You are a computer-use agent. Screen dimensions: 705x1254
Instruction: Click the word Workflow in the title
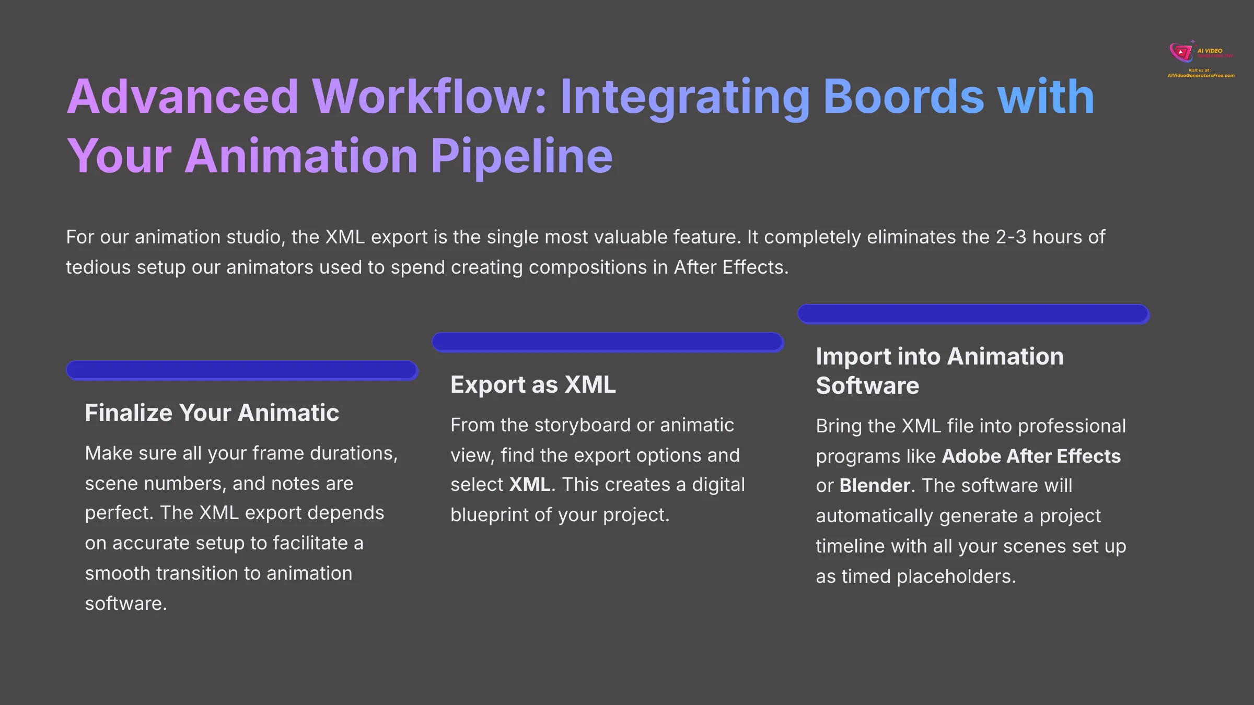[428, 97]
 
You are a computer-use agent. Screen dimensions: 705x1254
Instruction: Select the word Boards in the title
[903, 97]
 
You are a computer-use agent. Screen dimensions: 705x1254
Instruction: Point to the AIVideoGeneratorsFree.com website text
[1201, 76]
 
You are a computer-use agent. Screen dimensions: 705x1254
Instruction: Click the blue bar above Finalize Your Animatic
[242, 370]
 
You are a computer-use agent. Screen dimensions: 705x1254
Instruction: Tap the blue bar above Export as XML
[608, 342]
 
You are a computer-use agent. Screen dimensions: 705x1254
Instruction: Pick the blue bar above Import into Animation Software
[973, 314]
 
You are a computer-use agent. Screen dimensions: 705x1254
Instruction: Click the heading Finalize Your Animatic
[212, 413]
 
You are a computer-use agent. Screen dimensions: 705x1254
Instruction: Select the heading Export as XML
[533, 384]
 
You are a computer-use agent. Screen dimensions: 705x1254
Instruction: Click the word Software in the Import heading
[867, 386]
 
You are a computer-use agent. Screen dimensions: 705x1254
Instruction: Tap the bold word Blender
[875, 486]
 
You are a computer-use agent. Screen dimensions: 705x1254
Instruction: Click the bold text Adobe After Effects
[1031, 456]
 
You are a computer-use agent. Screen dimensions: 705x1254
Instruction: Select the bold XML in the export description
[529, 485]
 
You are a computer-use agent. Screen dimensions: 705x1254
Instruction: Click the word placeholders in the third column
[956, 577]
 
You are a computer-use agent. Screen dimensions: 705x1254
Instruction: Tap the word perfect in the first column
[118, 513]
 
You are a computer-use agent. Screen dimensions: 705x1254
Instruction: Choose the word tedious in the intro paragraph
[98, 267]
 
